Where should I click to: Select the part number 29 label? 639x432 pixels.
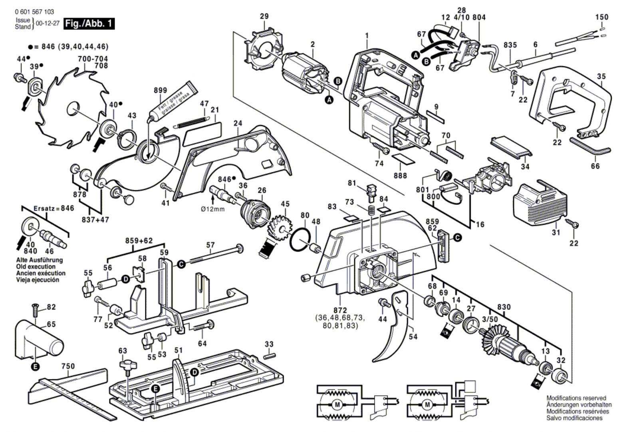tap(264, 16)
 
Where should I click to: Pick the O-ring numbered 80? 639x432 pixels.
tap(300, 240)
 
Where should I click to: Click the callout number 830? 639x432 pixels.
tap(504, 307)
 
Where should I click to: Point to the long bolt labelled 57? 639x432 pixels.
tap(216, 255)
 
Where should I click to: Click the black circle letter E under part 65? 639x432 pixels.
tap(36, 366)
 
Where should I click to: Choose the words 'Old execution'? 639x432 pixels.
tap(36, 267)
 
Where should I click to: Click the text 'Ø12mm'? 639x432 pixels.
tap(212, 209)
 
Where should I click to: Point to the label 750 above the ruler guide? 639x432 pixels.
tap(68, 366)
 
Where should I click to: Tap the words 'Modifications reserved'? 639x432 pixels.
tap(576, 398)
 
